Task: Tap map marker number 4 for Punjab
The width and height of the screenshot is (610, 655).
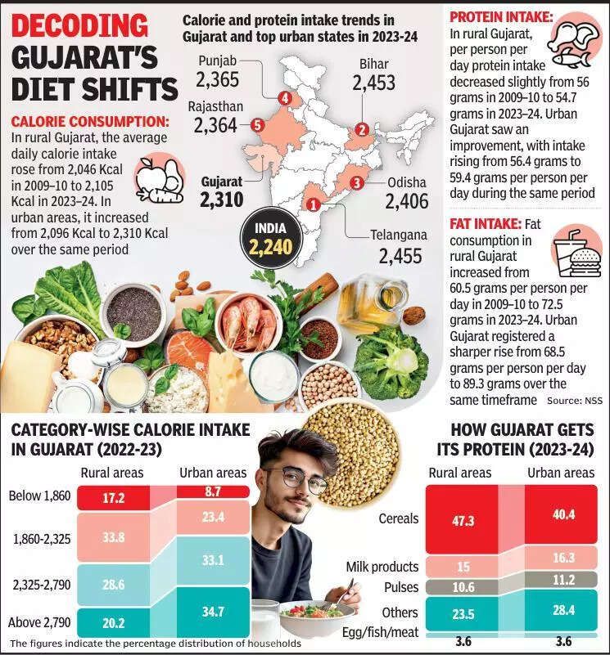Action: (285, 98)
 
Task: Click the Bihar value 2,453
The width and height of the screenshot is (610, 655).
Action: (374, 83)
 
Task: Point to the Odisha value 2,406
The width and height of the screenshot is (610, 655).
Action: (407, 201)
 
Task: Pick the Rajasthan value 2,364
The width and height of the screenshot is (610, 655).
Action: (215, 125)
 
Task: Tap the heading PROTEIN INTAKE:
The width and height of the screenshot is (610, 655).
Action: (502, 16)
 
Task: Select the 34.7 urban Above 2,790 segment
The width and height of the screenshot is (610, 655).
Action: (213, 610)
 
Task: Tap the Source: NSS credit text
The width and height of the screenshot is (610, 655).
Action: (574, 401)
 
